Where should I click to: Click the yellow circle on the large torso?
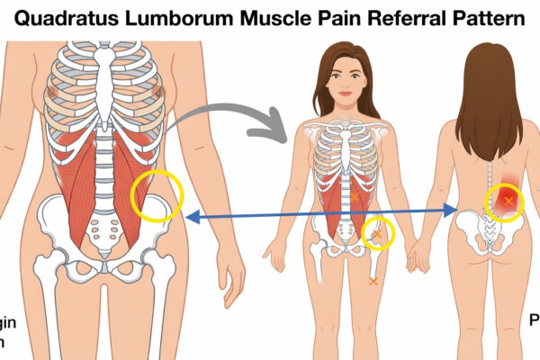[x=157, y=193]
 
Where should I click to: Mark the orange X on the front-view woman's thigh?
[x=373, y=282]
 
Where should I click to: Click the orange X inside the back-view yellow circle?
[x=508, y=200]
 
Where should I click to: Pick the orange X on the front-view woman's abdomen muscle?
[x=355, y=196]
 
